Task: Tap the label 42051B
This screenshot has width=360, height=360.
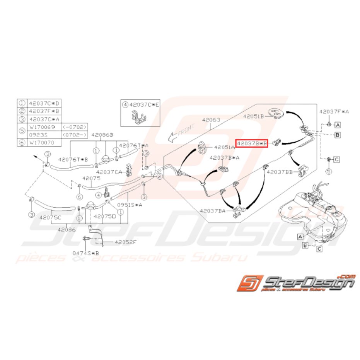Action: click(253, 116)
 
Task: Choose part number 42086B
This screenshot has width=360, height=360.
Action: click(102, 135)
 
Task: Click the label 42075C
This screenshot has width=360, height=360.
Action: click(49, 217)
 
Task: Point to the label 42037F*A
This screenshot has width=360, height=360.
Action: click(334, 111)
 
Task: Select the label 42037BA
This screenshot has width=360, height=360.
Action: click(213, 211)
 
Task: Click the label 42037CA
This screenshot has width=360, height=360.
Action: click(109, 172)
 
